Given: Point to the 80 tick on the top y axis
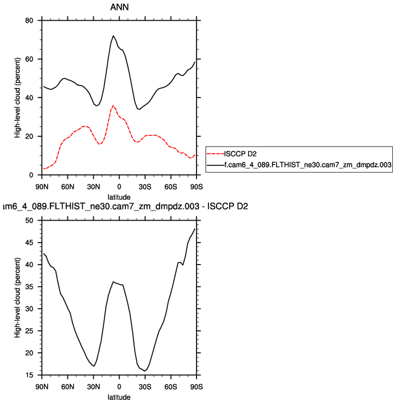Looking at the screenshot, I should click(x=29, y=21).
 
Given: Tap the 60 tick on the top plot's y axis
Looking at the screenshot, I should click(x=29, y=59).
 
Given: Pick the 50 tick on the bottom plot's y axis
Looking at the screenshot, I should click(x=29, y=221).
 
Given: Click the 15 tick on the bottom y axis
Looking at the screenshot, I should click(x=29, y=375).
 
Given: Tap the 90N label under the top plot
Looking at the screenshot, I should click(x=42, y=187).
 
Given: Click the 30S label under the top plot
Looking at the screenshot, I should click(x=145, y=187).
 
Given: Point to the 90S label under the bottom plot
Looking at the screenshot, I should click(x=196, y=387).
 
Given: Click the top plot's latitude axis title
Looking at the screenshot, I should click(x=119, y=197).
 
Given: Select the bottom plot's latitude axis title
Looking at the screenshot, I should click(x=119, y=397).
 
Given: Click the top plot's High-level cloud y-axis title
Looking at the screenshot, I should click(x=17, y=97).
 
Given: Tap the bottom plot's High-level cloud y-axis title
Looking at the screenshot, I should click(x=17, y=298).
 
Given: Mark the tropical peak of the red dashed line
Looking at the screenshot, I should click(x=113, y=106).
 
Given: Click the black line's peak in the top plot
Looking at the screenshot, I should click(x=113, y=36).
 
